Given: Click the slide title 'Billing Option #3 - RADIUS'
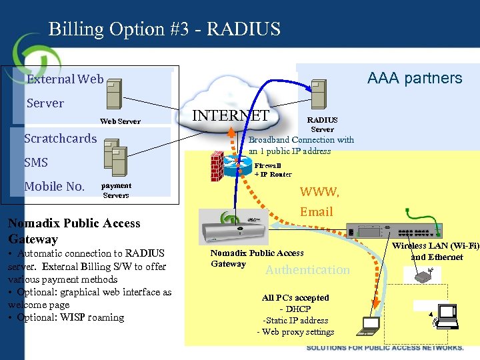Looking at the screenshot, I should click(165, 29).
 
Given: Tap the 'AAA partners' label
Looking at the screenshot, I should click(415, 78).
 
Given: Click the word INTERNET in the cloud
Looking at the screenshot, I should click(231, 115).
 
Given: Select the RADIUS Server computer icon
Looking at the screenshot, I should click(319, 95).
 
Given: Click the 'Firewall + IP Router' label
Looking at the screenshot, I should click(273, 169).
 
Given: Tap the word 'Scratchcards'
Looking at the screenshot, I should click(60, 139).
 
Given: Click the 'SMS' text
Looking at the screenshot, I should click(35, 163).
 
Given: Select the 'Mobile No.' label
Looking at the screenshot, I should click(54, 187).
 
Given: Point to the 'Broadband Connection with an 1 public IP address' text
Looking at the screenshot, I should click(301, 145).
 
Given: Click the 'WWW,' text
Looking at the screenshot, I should click(319, 192).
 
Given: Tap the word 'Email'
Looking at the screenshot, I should click(316, 212).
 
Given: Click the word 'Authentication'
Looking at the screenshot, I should click(307, 270).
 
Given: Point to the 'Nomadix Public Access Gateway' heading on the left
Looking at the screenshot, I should click(74, 231).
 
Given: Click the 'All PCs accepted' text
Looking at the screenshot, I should click(295, 297).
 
